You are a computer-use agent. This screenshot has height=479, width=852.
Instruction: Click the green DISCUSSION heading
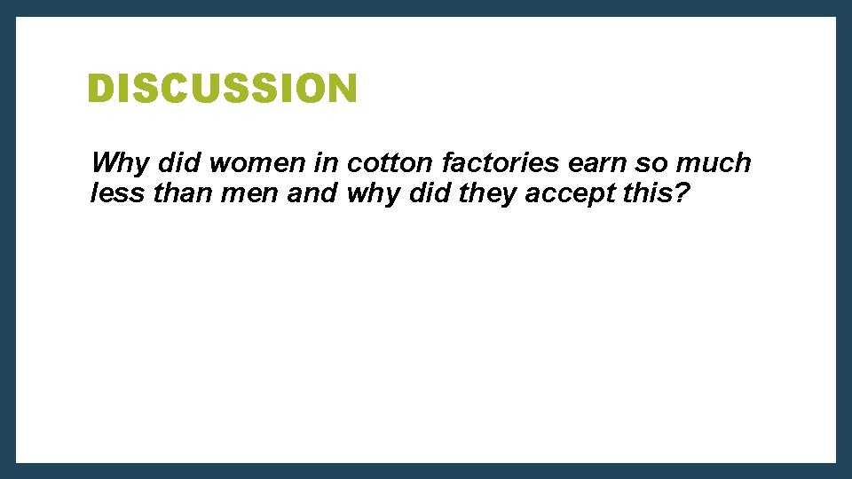222,89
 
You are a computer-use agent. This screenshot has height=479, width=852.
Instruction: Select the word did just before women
174,163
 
